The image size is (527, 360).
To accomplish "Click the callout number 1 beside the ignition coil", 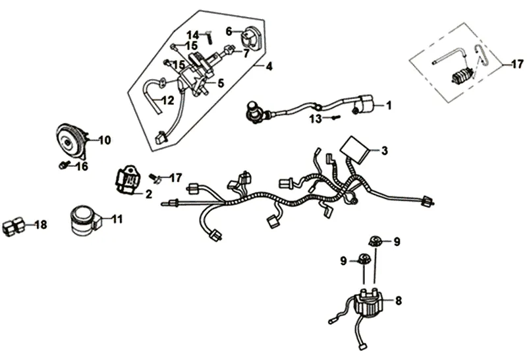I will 389,105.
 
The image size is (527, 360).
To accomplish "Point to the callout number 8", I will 398,301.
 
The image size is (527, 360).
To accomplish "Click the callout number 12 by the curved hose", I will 167,100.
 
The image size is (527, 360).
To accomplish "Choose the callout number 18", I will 41,225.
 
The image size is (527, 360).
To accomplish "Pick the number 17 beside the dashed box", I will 518,64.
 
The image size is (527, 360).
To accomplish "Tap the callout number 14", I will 192,34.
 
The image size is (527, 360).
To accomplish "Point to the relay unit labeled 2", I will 130,178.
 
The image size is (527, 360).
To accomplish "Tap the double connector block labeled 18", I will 13,226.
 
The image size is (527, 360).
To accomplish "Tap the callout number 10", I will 105,140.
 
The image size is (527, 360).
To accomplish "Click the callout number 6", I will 229,30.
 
